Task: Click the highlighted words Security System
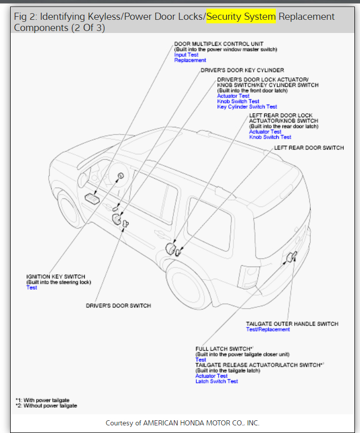point(241,17)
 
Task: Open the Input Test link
point(186,55)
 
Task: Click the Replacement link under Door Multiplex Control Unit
point(190,60)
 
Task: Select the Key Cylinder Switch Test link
point(247,107)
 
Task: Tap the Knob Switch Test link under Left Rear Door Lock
point(270,137)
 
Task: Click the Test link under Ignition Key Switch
point(31,288)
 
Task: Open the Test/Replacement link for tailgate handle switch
point(268,329)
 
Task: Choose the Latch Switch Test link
point(217,381)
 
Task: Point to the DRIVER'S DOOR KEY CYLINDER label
point(242,70)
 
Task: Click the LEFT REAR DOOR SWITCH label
point(309,148)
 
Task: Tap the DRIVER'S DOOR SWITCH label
point(118,306)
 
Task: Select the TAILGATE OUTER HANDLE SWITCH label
point(292,324)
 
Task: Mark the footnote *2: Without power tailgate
point(46,406)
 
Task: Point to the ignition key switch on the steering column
point(121,176)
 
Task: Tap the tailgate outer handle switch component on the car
point(291,258)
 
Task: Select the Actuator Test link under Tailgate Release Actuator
point(211,376)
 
